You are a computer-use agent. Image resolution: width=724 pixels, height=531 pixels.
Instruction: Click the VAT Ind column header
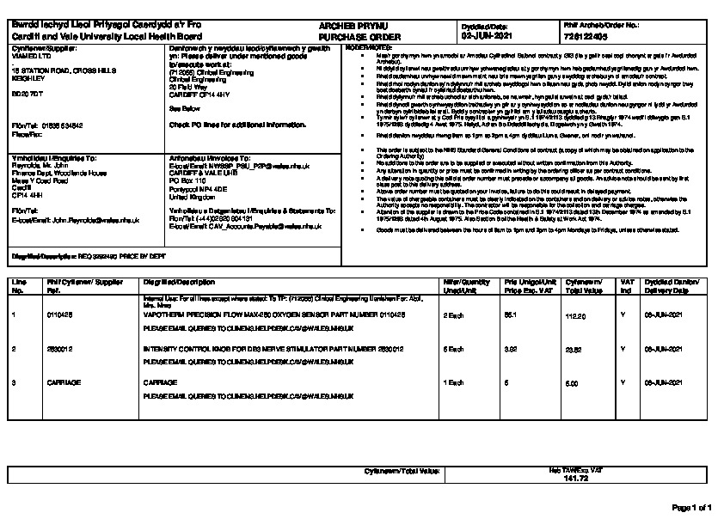(627, 286)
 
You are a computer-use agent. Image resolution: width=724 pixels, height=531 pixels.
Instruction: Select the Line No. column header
(18, 286)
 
